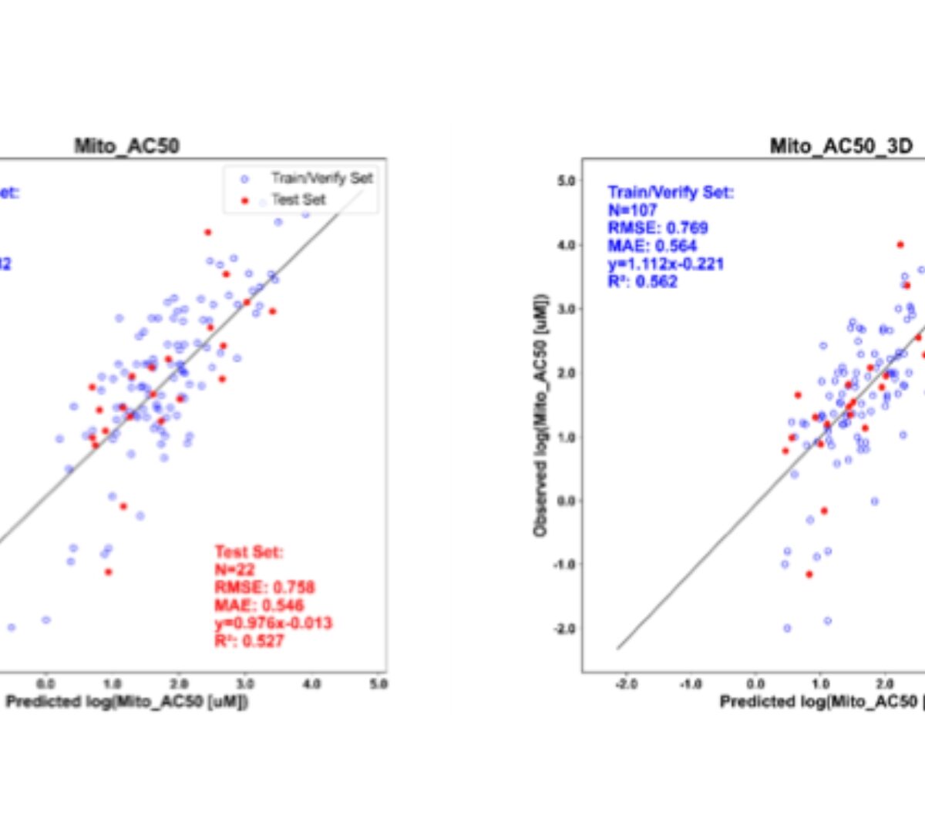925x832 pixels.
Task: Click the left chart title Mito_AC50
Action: (126, 146)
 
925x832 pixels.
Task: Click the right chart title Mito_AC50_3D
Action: (841, 146)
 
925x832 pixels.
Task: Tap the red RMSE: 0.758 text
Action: (264, 588)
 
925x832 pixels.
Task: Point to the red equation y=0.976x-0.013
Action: (273, 622)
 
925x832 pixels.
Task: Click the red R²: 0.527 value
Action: (249, 640)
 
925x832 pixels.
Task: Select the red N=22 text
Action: (234, 570)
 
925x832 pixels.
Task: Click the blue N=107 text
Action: (632, 210)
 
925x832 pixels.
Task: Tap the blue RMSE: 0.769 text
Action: (658, 227)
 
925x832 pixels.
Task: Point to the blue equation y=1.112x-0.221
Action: (665, 263)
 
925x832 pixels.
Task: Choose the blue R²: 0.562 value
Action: (642, 281)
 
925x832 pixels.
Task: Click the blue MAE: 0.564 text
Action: (652, 246)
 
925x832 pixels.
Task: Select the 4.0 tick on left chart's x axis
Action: (311, 683)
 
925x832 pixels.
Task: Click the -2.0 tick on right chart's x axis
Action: (626, 684)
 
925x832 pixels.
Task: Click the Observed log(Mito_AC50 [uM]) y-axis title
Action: (540, 414)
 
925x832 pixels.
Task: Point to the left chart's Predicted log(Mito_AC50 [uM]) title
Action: (126, 701)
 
